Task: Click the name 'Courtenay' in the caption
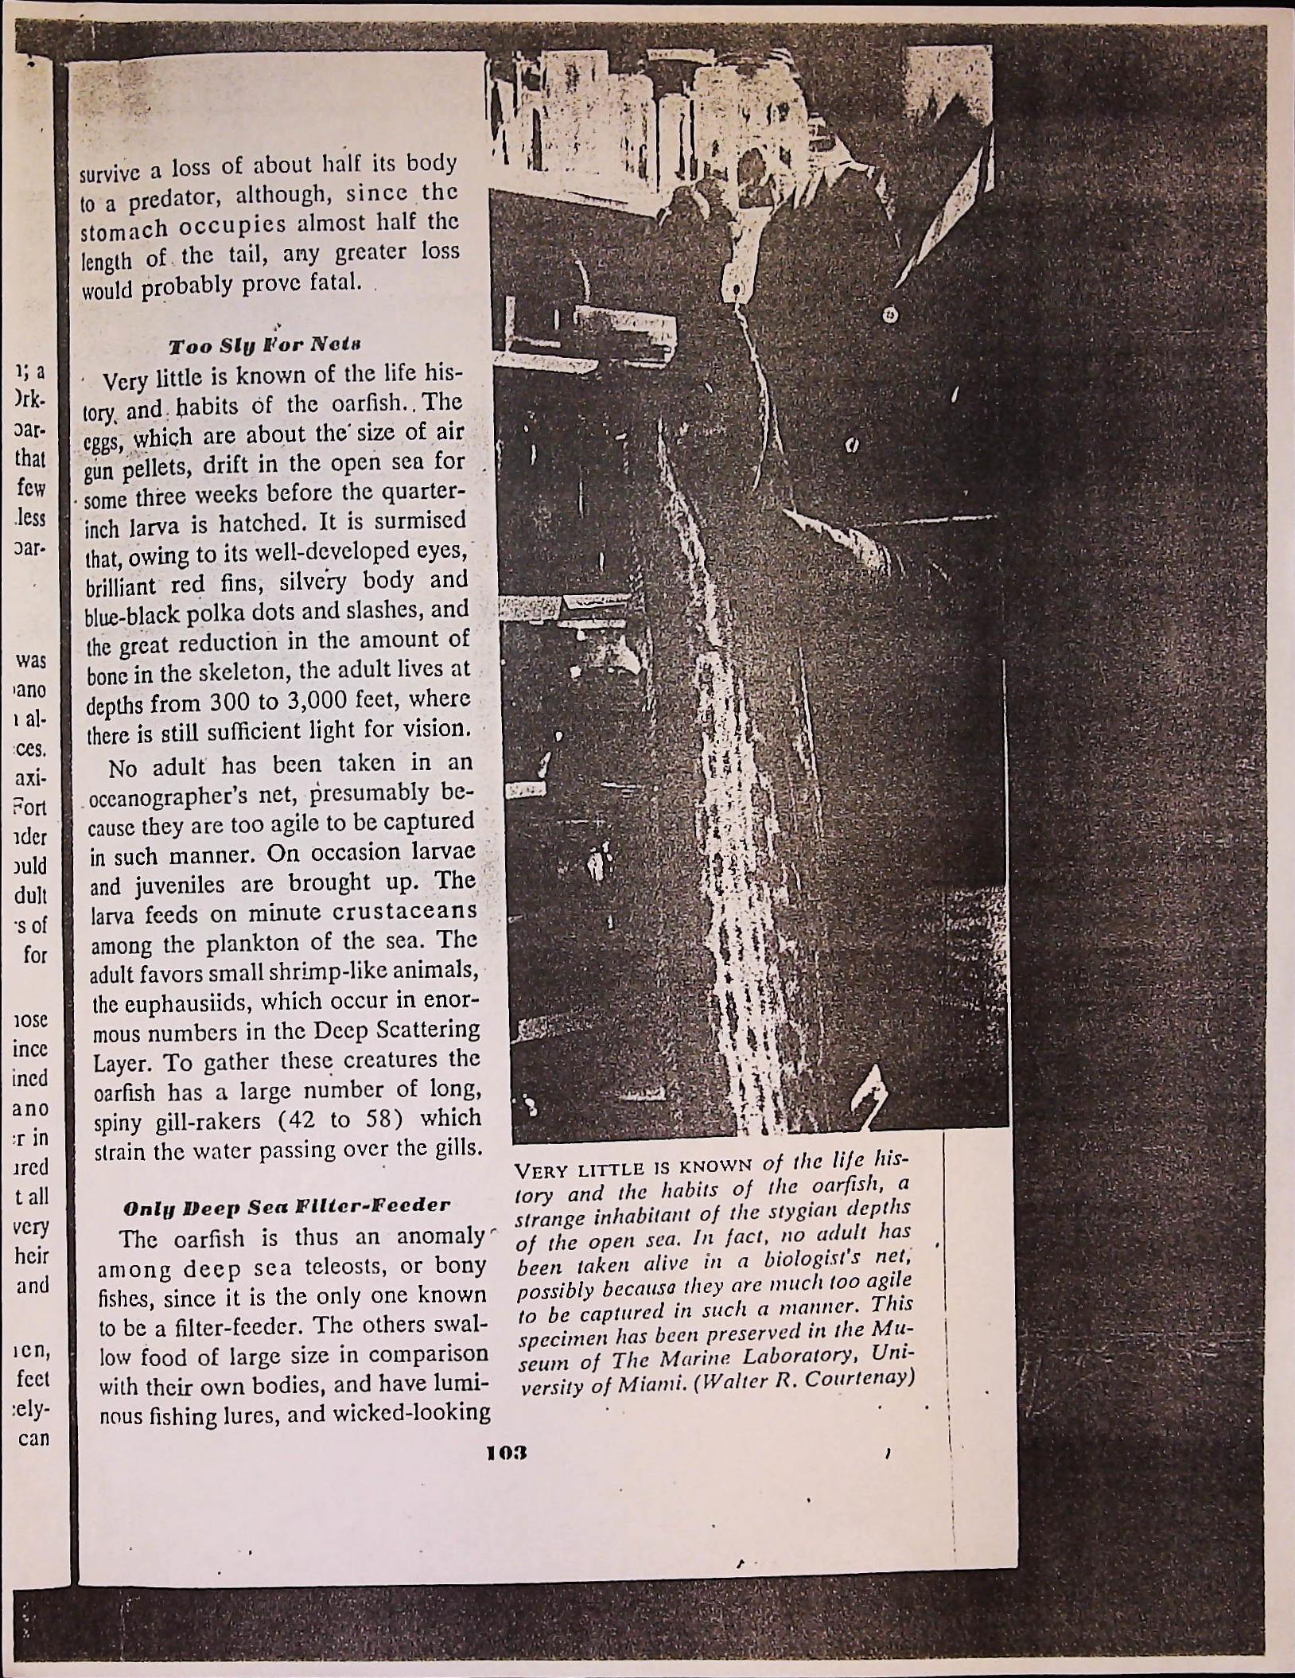coord(857,1377)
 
